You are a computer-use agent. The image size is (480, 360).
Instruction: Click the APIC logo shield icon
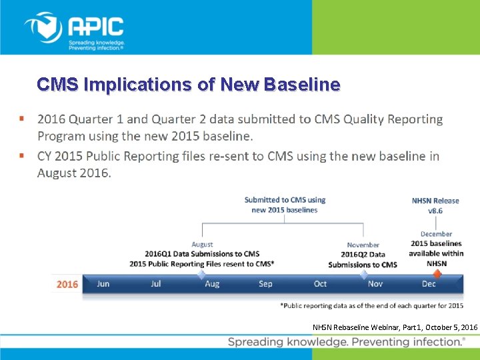[43, 28]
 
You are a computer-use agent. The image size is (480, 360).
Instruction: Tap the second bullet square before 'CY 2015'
[23, 156]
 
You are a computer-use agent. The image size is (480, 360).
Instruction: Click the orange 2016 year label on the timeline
[67, 284]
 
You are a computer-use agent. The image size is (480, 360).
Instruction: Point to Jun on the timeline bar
[103, 284]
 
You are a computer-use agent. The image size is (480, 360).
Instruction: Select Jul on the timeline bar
[156, 284]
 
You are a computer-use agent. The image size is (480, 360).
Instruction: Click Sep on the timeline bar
[265, 284]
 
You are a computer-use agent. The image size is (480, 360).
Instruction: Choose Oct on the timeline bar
[320, 284]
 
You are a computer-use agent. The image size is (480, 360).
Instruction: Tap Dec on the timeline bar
[429, 284]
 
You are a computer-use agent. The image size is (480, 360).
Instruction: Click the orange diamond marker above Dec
[437, 273]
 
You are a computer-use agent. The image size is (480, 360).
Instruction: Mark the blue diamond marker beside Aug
[201, 273]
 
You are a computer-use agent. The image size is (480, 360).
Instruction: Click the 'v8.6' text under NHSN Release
[435, 211]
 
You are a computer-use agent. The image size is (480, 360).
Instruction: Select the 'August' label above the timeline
[202, 244]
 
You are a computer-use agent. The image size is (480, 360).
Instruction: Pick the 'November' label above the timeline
[363, 245]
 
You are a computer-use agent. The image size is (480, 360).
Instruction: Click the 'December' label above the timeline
[436, 234]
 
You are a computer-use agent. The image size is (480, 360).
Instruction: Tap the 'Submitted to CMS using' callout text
[285, 200]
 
